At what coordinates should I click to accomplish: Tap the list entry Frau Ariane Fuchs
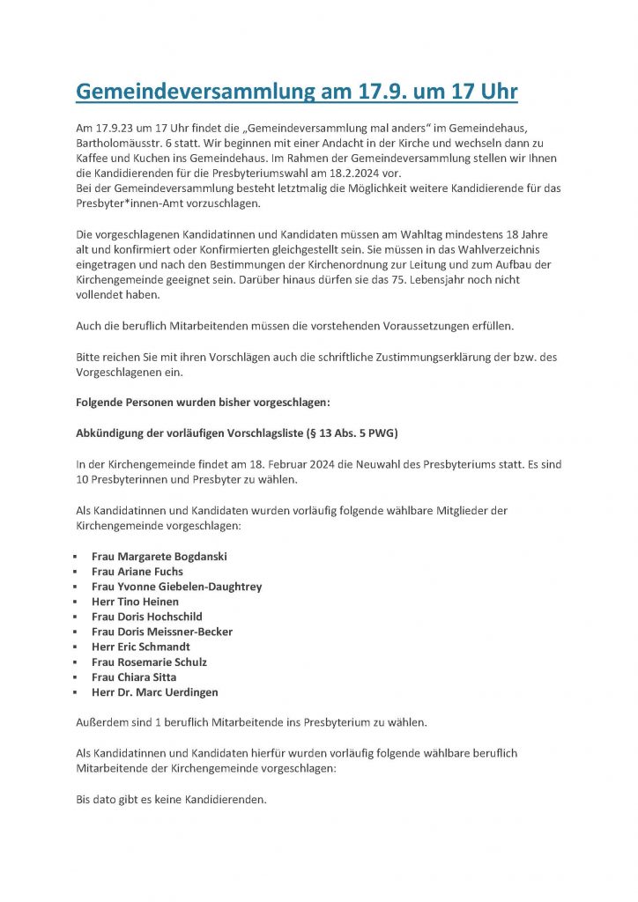coord(137,572)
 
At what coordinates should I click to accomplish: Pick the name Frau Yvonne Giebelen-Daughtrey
coord(176,587)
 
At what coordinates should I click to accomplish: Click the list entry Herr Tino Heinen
coord(135,602)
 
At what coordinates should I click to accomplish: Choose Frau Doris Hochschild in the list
coord(146,617)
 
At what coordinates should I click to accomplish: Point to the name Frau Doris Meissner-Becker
coord(161,632)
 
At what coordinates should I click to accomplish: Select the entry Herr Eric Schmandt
coord(140,647)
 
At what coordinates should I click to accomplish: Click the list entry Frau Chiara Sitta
coord(133,676)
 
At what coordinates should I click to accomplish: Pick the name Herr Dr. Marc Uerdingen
coord(154,692)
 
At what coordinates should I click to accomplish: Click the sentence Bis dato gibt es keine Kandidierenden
coord(171,800)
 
